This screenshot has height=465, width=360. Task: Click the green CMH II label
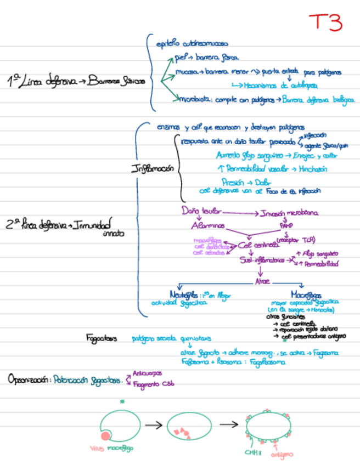(x=252, y=452)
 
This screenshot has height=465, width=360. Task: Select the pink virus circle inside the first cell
(x=106, y=436)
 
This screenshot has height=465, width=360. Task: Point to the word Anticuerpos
(x=147, y=373)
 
